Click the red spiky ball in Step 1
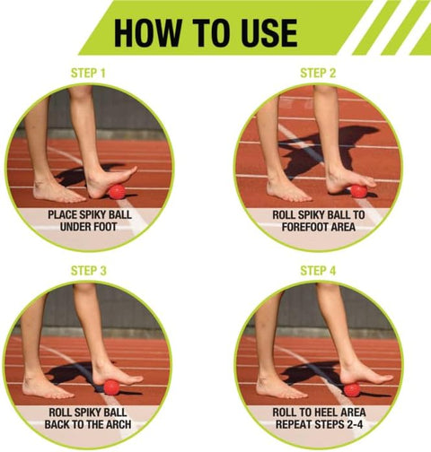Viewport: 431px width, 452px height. [117, 192]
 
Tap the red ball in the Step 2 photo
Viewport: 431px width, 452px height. [358, 191]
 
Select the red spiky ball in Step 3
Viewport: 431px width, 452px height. [111, 387]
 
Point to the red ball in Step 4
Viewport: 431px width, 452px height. [352, 390]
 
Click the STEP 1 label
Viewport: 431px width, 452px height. [88, 74]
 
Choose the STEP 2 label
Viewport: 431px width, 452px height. [318, 74]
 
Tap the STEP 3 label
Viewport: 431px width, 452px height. [89, 271]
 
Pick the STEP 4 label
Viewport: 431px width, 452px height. [318, 271]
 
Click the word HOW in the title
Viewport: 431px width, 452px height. [147, 33]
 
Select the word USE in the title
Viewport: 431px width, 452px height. [268, 33]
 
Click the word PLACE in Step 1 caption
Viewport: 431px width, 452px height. [62, 214]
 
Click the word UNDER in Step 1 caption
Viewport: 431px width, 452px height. [75, 227]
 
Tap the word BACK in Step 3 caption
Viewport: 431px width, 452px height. [57, 424]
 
